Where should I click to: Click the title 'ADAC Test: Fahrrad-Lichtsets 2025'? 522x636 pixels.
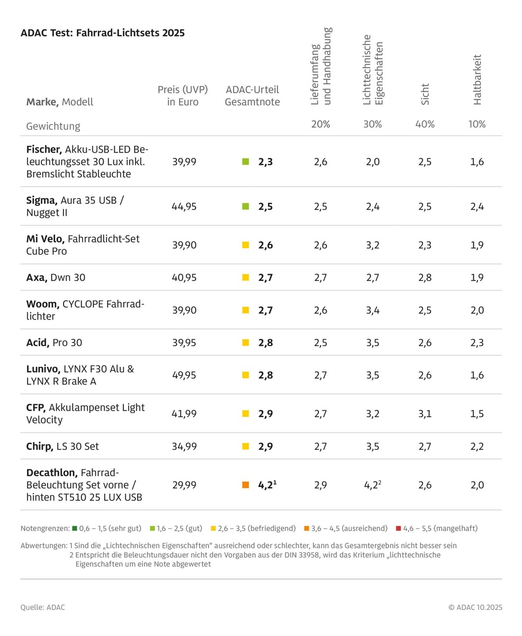[x=103, y=33]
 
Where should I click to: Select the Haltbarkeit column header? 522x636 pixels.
[x=478, y=79]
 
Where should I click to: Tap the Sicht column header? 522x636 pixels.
[x=425, y=94]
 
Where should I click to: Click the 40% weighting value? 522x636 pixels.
[x=425, y=124]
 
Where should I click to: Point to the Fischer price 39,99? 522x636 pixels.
[x=184, y=162]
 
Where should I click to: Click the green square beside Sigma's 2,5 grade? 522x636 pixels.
[x=246, y=207]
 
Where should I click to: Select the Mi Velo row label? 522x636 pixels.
[x=83, y=245]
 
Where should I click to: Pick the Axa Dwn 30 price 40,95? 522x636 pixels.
[x=184, y=277]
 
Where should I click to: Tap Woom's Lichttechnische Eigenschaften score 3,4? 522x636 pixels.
[x=373, y=310]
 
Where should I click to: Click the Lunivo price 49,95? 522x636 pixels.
[x=184, y=375]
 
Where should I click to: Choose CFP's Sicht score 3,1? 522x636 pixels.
[x=425, y=414]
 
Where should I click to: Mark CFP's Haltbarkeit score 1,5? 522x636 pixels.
[x=477, y=414]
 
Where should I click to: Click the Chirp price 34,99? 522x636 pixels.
[x=184, y=446]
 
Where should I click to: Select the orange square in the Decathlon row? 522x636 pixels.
[x=246, y=485]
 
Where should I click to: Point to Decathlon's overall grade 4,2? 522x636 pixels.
[x=267, y=485]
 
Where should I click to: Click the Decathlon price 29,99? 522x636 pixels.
[x=184, y=485]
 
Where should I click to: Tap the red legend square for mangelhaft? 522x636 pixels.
[x=399, y=528]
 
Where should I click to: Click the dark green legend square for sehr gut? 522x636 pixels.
[x=75, y=528]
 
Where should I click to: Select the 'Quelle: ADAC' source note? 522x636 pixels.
[x=43, y=607]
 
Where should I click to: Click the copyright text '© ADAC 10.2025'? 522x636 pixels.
[x=475, y=607]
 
